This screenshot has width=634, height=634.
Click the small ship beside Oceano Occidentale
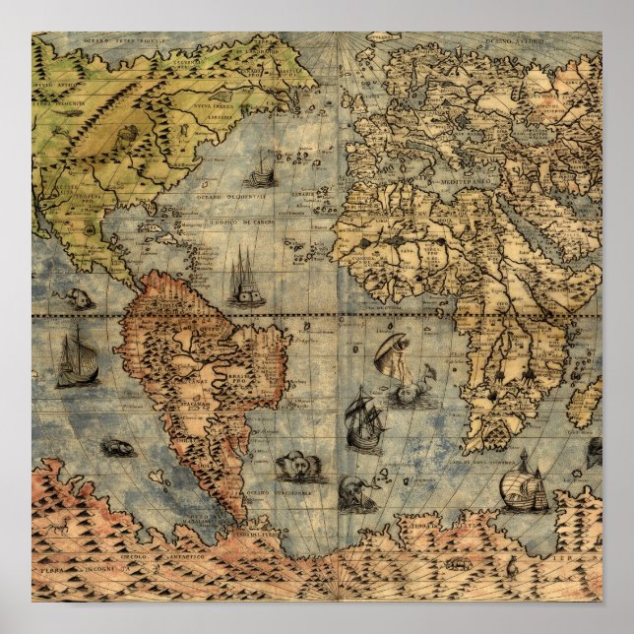click(x=261, y=173)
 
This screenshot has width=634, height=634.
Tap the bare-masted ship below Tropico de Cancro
click(x=245, y=278)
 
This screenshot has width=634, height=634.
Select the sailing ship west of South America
click(x=76, y=358)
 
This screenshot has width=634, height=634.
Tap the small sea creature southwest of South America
click(x=117, y=449)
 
